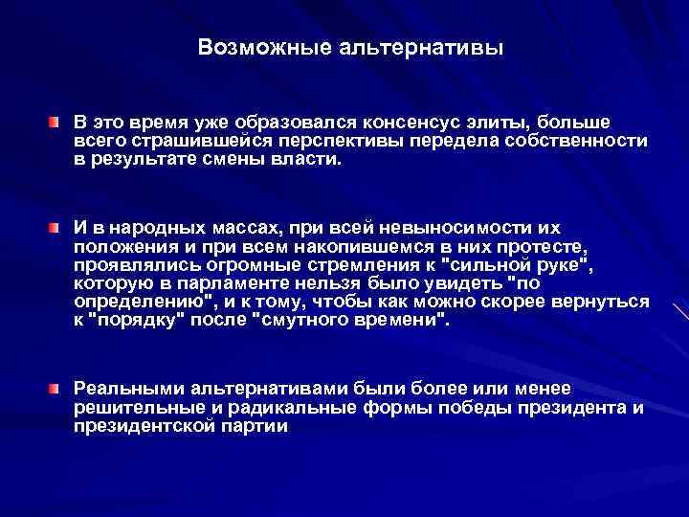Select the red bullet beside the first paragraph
tap(56, 123)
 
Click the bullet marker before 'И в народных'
tap(56, 227)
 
